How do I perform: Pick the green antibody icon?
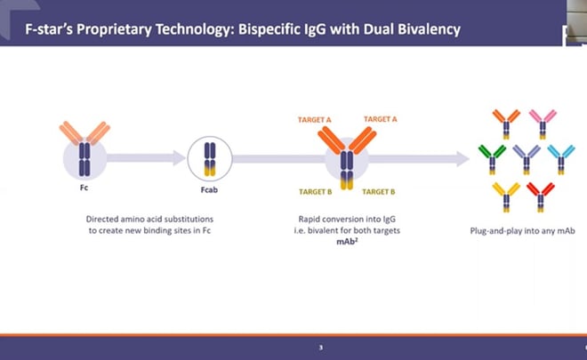493,157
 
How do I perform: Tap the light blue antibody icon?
560,157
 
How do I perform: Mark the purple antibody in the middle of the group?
527,157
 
